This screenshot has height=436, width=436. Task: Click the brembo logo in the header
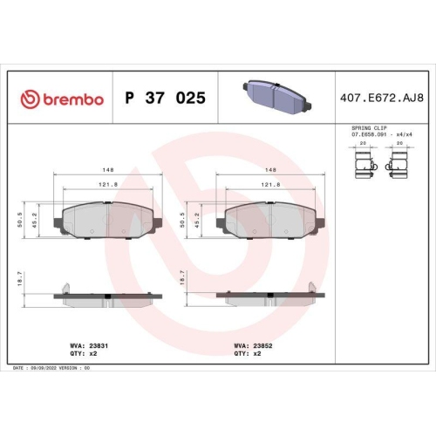point(63,99)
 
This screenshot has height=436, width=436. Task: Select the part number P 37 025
point(166,99)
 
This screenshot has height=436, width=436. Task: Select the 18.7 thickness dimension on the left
point(21,278)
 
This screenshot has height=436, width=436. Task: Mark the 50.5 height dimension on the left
point(21,221)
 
